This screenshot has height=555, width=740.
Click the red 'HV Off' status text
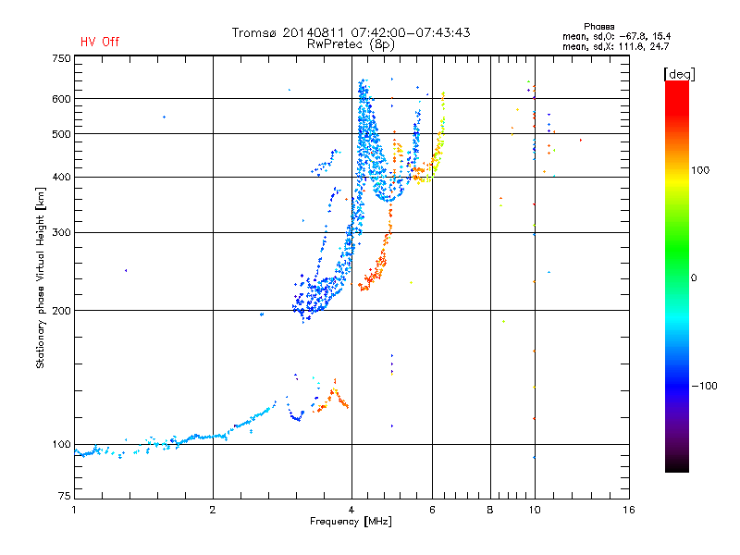pyautogui.click(x=100, y=42)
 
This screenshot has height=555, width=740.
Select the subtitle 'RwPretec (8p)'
pyautogui.click(x=351, y=44)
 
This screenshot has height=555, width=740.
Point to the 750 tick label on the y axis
pyautogui.click(x=61, y=58)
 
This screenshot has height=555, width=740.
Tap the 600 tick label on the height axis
pyautogui.click(x=61, y=99)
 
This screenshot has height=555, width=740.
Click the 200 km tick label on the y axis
pyautogui.click(x=61, y=311)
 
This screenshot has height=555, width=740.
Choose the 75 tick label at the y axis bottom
pyautogui.click(x=65, y=496)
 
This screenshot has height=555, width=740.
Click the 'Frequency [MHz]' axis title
pyautogui.click(x=351, y=522)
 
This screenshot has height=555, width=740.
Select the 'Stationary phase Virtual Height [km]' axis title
pyautogui.click(x=41, y=277)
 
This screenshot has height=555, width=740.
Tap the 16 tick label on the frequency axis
pyautogui.click(x=629, y=510)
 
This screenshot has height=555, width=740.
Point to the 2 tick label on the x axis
pyautogui.click(x=213, y=510)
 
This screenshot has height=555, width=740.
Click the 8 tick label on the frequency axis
pyautogui.click(x=490, y=510)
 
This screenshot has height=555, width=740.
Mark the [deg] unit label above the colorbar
pyautogui.click(x=679, y=74)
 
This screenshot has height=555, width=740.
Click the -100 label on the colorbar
pyautogui.click(x=705, y=386)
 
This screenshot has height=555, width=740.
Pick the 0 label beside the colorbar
pyautogui.click(x=694, y=278)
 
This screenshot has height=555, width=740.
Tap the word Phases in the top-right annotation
pyautogui.click(x=598, y=27)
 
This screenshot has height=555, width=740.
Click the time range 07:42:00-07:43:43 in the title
pyautogui.click(x=411, y=32)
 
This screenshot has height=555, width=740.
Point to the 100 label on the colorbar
pyautogui.click(x=700, y=170)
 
